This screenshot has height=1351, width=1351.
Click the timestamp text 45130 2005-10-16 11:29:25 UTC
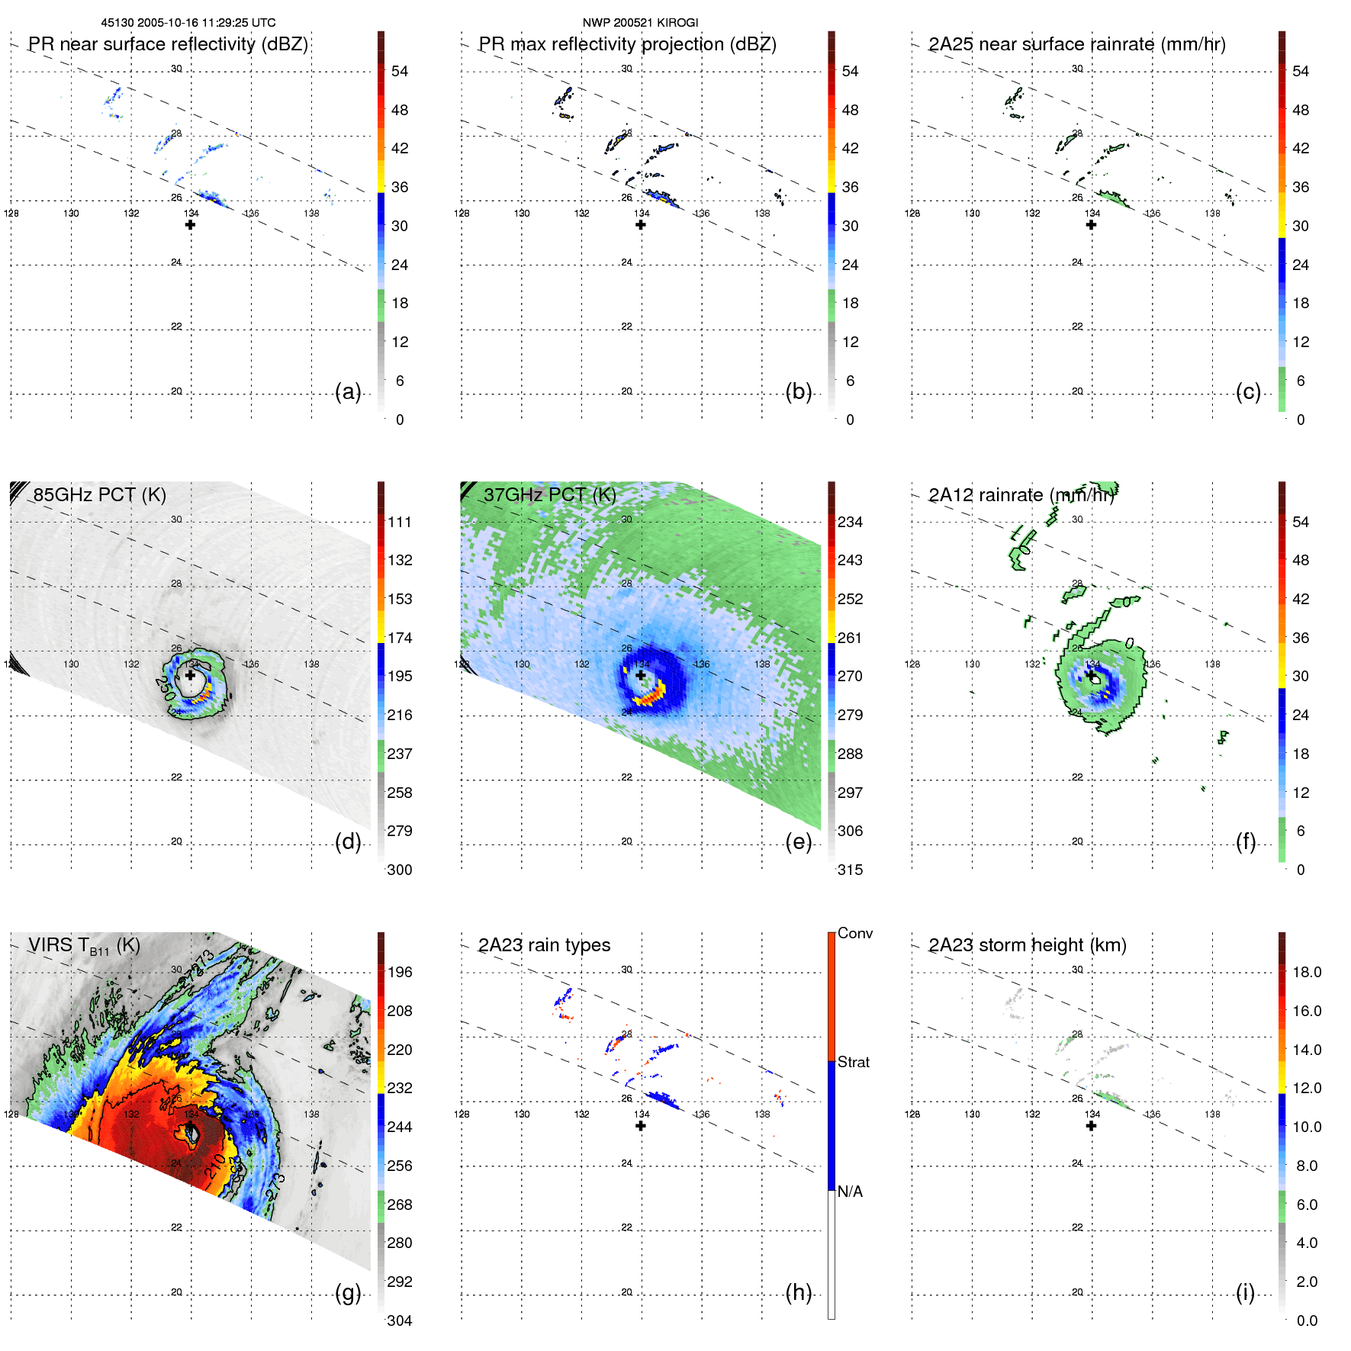(188, 23)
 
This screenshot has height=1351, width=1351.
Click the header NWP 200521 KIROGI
(640, 23)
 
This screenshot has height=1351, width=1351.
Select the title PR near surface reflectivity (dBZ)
(168, 44)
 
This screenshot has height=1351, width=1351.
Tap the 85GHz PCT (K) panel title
(99, 495)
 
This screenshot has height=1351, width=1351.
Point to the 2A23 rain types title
(544, 945)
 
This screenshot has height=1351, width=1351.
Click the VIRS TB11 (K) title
(84, 946)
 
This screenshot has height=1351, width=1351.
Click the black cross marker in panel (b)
(641, 225)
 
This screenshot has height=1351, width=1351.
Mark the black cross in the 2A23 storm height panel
(1091, 1126)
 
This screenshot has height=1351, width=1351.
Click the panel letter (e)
(798, 841)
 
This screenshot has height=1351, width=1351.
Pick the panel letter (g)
(348, 1292)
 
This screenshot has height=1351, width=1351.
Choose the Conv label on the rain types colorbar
(854, 933)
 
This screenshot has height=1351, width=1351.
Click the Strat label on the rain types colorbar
(853, 1062)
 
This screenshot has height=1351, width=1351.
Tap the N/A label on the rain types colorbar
(850, 1192)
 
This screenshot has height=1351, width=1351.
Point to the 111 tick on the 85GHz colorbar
(399, 522)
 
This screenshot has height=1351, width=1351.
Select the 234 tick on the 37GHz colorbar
(850, 522)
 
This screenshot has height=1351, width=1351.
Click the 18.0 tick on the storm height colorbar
(1306, 972)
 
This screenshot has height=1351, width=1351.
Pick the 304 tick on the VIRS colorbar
(399, 1320)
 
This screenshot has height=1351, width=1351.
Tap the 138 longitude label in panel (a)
(311, 214)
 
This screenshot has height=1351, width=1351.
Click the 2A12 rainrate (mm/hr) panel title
(1021, 495)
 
